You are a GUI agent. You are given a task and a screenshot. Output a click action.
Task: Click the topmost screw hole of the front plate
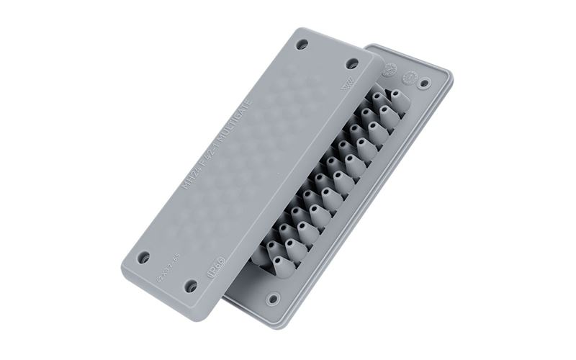[302, 44]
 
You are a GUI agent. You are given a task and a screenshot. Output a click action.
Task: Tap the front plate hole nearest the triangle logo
[352, 63]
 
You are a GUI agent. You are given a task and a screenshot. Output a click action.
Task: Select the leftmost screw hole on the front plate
[144, 256]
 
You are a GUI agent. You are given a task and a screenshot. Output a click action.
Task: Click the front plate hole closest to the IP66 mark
[191, 286]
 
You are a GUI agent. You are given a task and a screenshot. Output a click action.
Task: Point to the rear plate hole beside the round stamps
[425, 83]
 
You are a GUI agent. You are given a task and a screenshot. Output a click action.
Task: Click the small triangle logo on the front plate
[346, 88]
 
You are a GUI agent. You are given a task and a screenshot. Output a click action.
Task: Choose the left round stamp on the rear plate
[390, 71]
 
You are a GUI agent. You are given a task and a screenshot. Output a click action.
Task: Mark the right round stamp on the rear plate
[412, 75]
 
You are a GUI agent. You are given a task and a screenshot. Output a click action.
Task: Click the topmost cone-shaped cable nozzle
[397, 96]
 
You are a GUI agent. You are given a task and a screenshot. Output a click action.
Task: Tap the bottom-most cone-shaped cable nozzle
[282, 266]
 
